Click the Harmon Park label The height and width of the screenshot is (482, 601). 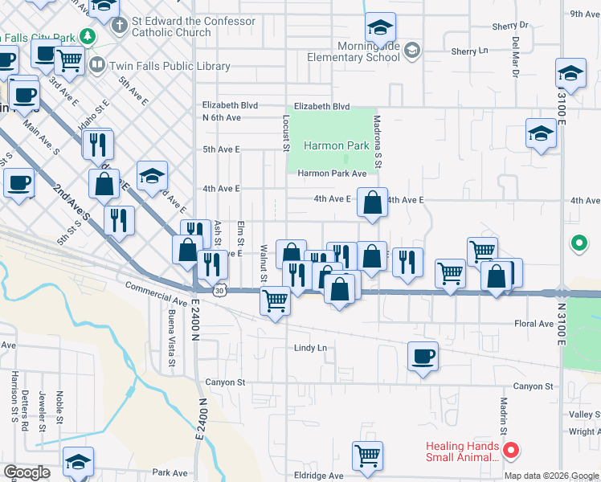pyautogui.click(x=336, y=146)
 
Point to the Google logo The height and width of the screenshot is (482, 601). pyautogui.click(x=27, y=472)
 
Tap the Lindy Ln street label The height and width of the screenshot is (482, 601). pyautogui.click(x=310, y=348)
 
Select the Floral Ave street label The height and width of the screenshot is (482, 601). pyautogui.click(x=534, y=324)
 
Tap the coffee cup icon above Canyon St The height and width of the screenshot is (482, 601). pyautogui.click(x=423, y=356)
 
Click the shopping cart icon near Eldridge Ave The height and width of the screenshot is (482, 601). pyautogui.click(x=367, y=455)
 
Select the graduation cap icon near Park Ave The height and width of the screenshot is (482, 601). pyautogui.click(x=78, y=461)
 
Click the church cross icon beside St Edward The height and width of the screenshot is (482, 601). pyautogui.click(x=119, y=25)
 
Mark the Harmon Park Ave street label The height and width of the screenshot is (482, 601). pyautogui.click(x=332, y=174)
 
